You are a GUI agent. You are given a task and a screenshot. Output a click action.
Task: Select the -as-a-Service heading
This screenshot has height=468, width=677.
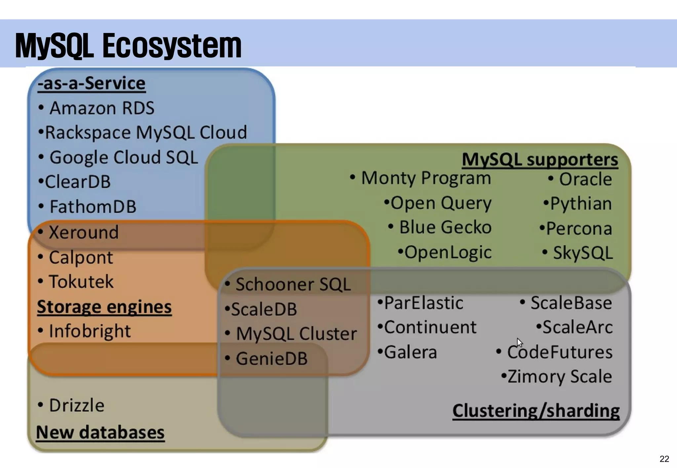[92, 84]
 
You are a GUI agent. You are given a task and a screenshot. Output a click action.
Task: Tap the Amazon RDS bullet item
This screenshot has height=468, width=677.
[101, 108]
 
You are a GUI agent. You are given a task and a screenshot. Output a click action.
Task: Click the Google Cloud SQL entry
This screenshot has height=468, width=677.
[123, 157]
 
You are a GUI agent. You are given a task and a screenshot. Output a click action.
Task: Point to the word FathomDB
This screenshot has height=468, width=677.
[93, 207]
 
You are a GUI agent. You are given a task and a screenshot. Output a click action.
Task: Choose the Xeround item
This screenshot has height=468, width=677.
[83, 232]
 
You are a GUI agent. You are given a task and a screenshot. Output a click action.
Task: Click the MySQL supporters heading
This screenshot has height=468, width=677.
[539, 160]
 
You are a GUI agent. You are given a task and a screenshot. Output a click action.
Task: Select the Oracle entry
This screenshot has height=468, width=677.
[585, 180]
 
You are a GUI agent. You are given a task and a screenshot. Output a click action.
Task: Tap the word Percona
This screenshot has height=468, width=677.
[579, 229]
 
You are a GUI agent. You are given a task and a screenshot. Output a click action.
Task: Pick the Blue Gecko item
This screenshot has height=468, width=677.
[445, 227]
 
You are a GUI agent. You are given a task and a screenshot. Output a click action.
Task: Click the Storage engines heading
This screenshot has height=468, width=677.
[104, 307]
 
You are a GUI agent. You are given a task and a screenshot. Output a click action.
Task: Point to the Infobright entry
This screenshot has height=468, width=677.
[90, 331]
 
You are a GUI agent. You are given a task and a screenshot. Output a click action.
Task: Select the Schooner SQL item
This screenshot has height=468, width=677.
[293, 284]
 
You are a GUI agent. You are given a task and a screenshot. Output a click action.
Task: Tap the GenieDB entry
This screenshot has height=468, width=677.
[271, 359]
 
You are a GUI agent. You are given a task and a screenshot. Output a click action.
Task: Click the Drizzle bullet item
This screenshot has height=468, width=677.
[76, 406]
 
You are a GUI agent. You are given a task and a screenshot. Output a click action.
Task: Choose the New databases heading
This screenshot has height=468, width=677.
[100, 432]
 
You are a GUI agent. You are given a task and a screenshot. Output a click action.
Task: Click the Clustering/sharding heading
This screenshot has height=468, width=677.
[536, 411]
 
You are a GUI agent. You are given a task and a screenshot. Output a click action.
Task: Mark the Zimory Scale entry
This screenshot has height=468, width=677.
[559, 377]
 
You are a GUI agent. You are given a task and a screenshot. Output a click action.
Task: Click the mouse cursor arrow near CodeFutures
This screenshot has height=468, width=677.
[520, 342]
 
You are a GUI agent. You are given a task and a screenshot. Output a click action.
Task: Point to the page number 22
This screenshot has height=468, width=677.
[664, 459]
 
